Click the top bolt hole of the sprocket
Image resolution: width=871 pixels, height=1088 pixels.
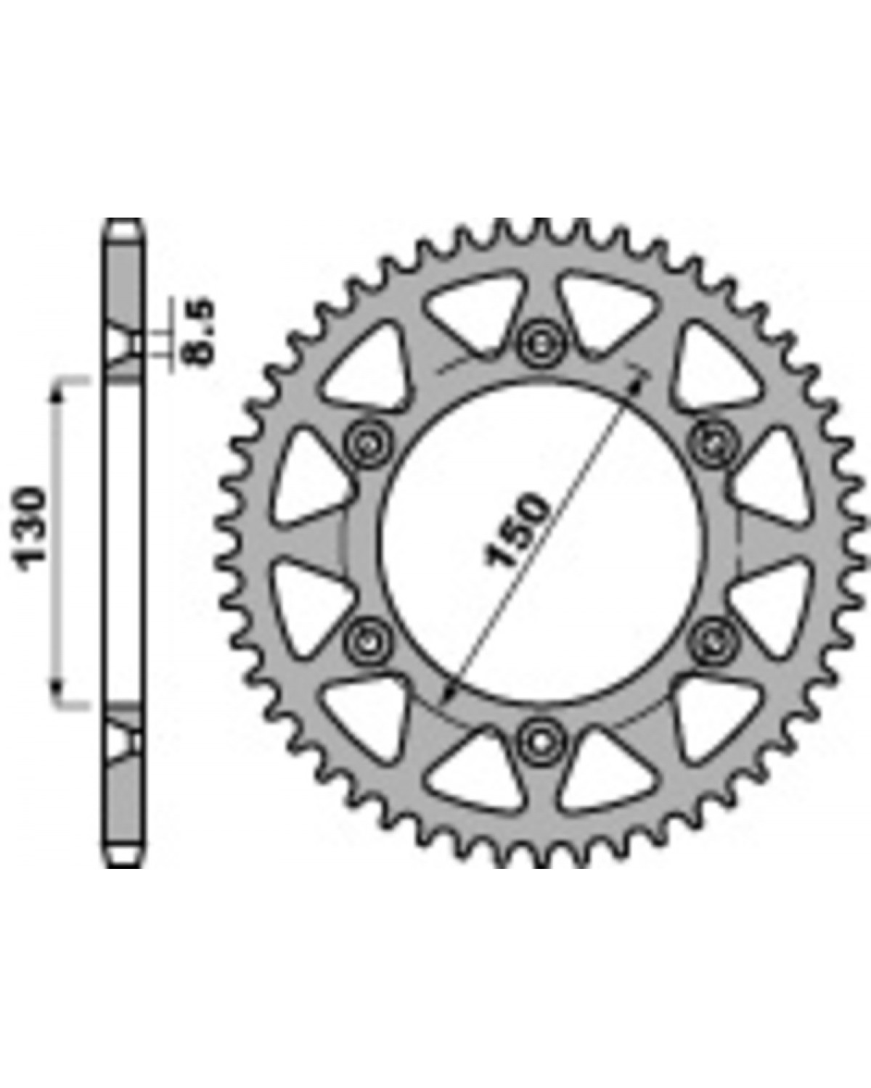tap(541, 345)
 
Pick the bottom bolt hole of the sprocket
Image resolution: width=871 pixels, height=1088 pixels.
tap(541, 741)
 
